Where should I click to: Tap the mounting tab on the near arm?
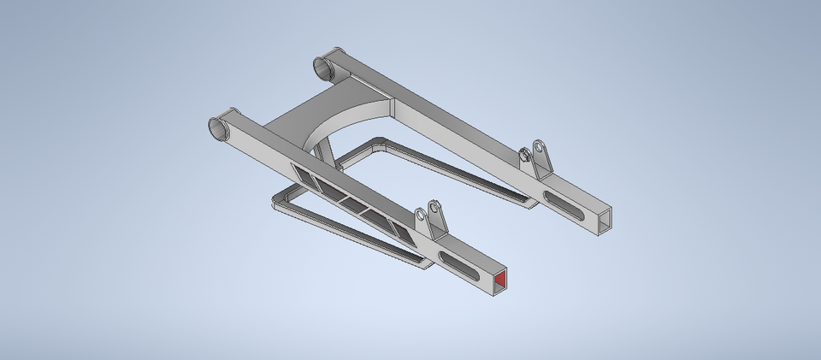432,224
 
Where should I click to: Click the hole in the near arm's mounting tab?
434,209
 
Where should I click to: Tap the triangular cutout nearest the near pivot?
302,174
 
